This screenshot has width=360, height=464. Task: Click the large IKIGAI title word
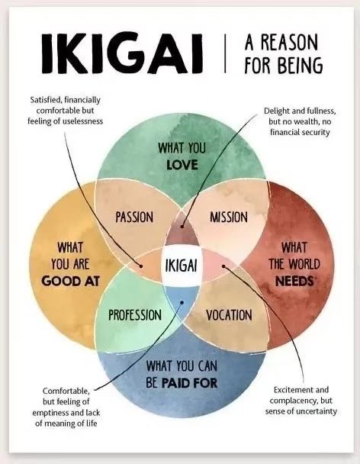(x=122, y=54)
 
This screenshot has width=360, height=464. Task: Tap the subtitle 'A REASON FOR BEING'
(x=284, y=53)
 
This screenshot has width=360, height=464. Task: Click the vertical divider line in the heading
(x=225, y=53)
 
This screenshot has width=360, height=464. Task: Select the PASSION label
(x=134, y=217)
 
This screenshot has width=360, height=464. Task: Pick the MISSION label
(x=229, y=217)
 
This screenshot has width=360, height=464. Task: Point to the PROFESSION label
(x=135, y=315)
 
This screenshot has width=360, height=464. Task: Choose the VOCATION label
(x=229, y=315)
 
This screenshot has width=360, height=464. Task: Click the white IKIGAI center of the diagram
(x=181, y=265)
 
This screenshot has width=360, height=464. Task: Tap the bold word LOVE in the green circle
(x=182, y=165)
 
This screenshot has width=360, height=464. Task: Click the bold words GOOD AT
(x=71, y=281)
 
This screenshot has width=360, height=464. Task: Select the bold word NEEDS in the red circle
(x=294, y=281)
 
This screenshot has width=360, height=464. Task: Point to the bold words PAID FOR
(x=189, y=383)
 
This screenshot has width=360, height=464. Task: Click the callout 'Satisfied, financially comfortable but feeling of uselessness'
(x=66, y=111)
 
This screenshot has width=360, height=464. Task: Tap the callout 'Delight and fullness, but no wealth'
(x=300, y=121)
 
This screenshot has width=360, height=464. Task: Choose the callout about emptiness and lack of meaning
(x=66, y=407)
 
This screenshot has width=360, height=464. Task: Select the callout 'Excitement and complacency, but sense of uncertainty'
(x=301, y=401)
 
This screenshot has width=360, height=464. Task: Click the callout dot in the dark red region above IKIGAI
(x=182, y=227)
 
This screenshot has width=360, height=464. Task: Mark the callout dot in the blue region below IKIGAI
(x=182, y=302)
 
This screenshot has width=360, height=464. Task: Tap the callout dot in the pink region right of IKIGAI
(x=223, y=266)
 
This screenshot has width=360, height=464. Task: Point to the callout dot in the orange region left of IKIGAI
(x=141, y=266)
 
